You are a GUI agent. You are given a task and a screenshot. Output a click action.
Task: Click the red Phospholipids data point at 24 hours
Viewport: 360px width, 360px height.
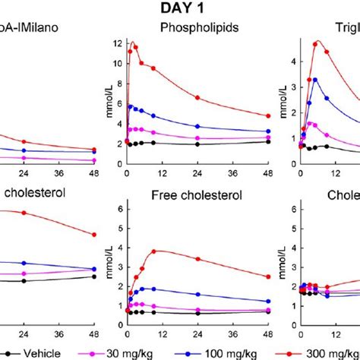tap(197, 98)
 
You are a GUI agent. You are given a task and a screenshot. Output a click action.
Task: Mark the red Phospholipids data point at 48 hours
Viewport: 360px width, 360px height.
tap(267, 116)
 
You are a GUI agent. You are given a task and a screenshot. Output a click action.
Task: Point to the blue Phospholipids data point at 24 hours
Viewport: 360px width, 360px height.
tap(197, 126)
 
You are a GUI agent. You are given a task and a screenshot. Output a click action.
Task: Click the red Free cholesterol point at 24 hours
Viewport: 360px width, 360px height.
tap(197, 259)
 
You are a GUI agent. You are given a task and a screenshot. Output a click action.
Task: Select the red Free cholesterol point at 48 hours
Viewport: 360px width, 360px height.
tap(267, 276)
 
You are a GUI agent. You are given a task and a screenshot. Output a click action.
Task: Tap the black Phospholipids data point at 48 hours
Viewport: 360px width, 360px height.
tap(267, 141)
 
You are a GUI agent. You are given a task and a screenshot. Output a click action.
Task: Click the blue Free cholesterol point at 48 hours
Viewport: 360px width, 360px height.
tap(267, 302)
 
